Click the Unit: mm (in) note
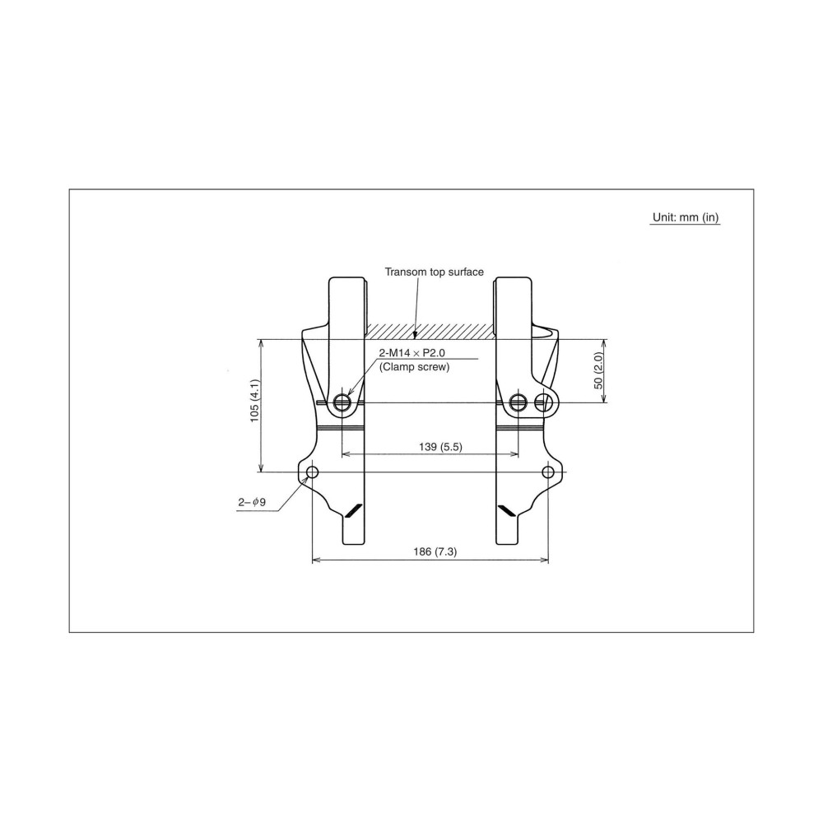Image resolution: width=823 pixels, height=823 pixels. point(686,218)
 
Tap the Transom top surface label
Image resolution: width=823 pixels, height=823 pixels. point(435,271)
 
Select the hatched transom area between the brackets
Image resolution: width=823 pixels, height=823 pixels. point(430,330)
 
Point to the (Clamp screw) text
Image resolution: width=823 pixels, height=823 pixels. point(414,367)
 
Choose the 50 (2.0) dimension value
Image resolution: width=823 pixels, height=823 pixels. point(599,370)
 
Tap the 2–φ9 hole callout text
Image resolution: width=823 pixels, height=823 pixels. point(253,501)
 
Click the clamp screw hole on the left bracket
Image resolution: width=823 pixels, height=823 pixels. point(342,402)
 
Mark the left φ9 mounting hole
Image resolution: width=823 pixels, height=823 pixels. point(312,472)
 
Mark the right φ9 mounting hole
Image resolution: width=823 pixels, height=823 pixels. point(548,472)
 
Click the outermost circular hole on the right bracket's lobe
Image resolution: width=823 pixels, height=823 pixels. point(542,402)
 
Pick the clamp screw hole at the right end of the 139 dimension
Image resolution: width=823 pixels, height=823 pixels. point(518,402)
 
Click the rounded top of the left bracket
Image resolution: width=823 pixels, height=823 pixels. point(348,281)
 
